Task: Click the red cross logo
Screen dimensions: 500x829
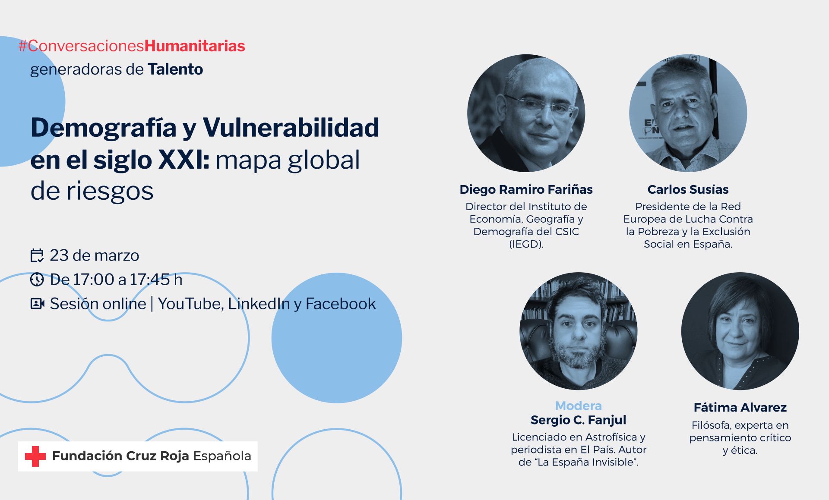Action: (x=35, y=456)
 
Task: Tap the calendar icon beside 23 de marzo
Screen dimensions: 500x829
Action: (x=37, y=255)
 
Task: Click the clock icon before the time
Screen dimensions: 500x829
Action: (x=37, y=280)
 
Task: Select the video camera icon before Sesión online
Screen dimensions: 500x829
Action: (x=38, y=304)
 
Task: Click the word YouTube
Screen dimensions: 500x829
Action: (x=190, y=304)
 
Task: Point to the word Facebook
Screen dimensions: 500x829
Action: (x=341, y=304)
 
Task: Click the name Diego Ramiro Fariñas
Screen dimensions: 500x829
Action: (x=526, y=189)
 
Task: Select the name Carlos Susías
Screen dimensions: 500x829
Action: (x=688, y=189)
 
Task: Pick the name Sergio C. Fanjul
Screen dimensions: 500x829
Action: (x=578, y=420)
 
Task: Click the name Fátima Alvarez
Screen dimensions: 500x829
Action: (x=740, y=407)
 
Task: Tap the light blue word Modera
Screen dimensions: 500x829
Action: (x=578, y=406)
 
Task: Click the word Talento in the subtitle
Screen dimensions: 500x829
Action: (x=175, y=69)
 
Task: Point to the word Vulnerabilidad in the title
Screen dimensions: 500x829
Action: (x=291, y=128)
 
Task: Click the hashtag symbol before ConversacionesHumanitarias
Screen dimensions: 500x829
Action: (x=23, y=46)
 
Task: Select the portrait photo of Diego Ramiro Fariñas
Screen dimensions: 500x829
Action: (x=526, y=113)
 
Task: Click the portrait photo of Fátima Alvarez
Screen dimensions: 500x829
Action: (x=740, y=331)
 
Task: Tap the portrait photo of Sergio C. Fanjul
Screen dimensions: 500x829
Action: (x=578, y=331)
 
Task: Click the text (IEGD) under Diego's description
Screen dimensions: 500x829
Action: (x=526, y=244)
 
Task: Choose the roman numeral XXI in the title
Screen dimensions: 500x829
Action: (x=183, y=160)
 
